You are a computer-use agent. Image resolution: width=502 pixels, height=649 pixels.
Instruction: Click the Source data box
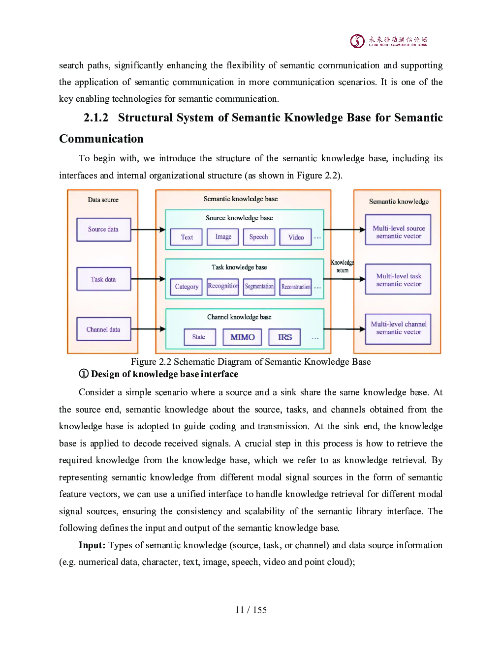click(x=103, y=230)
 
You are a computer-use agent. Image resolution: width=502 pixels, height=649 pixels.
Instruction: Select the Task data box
click(x=103, y=279)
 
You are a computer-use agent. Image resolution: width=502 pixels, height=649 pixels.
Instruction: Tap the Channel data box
click(x=103, y=329)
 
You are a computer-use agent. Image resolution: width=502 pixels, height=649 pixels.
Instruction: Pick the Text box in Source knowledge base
click(x=186, y=237)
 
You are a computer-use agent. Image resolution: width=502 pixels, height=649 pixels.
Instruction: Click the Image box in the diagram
click(x=223, y=237)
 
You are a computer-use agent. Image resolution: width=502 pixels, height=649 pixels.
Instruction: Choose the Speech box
click(x=259, y=237)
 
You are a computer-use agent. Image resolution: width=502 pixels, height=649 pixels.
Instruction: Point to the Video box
click(x=295, y=237)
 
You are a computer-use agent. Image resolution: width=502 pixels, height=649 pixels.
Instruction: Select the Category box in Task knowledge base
click(x=186, y=287)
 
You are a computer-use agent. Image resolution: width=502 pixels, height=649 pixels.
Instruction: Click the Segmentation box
click(x=259, y=287)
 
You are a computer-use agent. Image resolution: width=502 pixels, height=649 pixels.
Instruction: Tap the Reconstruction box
click(x=295, y=287)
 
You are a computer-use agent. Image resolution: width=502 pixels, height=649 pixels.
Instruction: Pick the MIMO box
click(x=242, y=337)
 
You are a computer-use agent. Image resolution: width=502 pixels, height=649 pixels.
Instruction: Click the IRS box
click(x=284, y=337)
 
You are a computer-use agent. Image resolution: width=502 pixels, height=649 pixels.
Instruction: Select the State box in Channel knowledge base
click(x=200, y=337)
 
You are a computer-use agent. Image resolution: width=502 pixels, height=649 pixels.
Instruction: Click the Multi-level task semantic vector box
click(x=398, y=279)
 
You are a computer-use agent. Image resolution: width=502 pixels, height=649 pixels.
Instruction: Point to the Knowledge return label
click(x=343, y=266)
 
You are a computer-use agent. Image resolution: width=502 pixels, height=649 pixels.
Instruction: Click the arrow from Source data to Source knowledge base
click(x=148, y=230)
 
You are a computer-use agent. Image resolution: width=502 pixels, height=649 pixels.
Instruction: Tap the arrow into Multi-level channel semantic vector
click(x=345, y=329)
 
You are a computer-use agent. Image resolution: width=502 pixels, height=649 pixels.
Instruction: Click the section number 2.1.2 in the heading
click(x=95, y=118)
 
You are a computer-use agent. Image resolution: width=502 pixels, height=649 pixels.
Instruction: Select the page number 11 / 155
click(x=251, y=610)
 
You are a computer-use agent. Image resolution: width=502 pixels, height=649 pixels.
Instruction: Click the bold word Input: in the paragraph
click(x=92, y=545)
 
